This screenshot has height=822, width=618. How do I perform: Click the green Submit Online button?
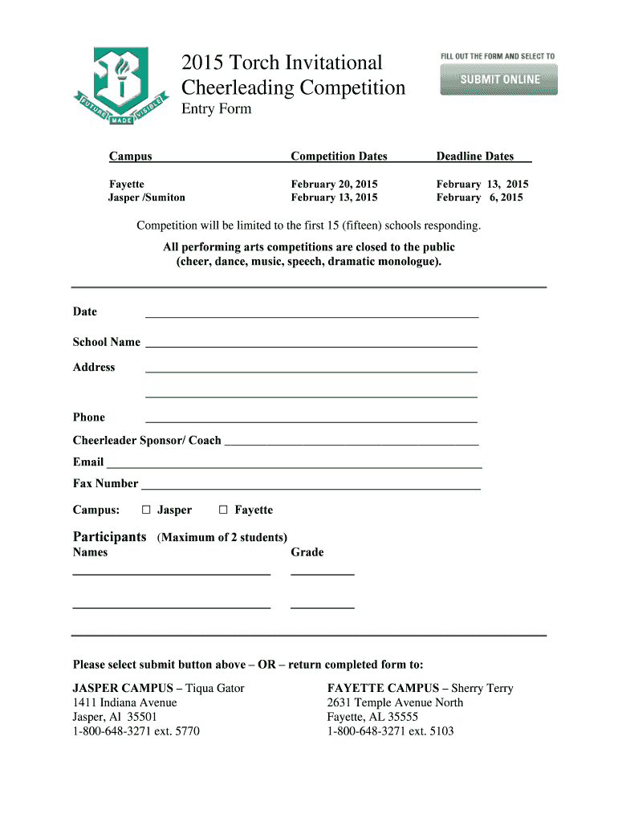[x=498, y=79]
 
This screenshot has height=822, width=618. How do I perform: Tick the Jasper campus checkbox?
[x=146, y=510]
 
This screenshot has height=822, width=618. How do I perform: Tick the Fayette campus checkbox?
[x=223, y=510]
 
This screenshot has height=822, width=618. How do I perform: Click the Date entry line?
[x=311, y=313]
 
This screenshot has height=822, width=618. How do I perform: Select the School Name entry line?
[x=311, y=343]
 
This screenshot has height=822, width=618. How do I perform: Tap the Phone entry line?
[x=311, y=417]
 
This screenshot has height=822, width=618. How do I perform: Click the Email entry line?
[x=294, y=462]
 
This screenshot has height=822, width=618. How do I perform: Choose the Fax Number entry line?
[x=311, y=484]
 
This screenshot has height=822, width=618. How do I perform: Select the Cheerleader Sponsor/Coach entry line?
[x=352, y=441]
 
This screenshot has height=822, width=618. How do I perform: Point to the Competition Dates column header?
[x=339, y=157]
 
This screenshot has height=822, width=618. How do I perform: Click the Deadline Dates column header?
[x=474, y=157]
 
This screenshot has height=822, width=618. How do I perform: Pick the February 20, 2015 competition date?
[x=334, y=184]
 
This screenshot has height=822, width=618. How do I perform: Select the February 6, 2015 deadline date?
[x=480, y=197]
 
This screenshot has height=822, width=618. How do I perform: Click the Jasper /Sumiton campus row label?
[x=147, y=197]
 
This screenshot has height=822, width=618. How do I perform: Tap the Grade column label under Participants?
[x=307, y=552]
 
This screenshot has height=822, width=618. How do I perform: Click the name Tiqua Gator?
[x=216, y=688]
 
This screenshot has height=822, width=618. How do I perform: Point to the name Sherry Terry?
[x=482, y=688]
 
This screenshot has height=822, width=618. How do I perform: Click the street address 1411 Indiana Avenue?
[x=125, y=702]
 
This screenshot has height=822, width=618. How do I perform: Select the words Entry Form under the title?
[x=216, y=109]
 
